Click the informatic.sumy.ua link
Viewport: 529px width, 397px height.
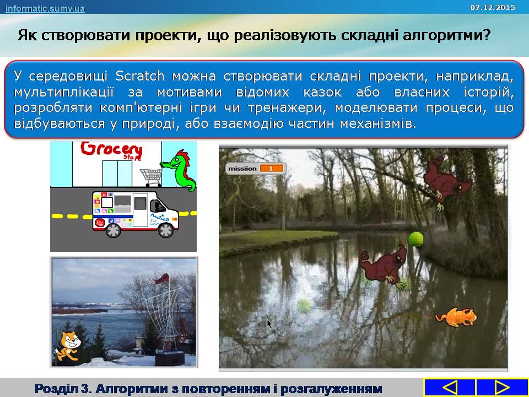click(45, 8)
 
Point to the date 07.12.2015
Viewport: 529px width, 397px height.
click(493, 7)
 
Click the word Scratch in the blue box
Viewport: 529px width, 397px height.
click(139, 76)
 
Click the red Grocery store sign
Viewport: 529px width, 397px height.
click(111, 151)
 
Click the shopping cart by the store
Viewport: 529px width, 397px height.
click(151, 177)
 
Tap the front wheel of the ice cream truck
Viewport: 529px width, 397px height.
click(166, 230)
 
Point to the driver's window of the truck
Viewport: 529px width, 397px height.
click(157, 206)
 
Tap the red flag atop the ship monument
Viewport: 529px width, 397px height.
click(162, 278)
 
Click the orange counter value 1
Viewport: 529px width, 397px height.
click(271, 169)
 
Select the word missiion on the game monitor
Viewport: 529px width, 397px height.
click(242, 169)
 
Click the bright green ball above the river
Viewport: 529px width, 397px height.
click(415, 239)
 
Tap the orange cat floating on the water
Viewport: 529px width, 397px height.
click(456, 317)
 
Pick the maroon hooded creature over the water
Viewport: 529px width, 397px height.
click(383, 267)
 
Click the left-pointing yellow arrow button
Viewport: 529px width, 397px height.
click(450, 388)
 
